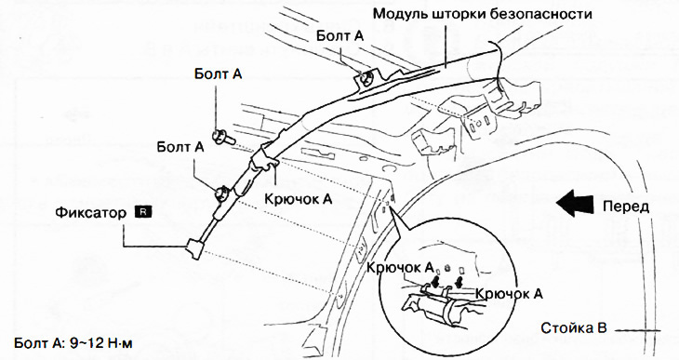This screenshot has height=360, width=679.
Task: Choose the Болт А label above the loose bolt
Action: pos(219,73)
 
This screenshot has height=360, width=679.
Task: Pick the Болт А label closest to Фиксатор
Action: pos(180,147)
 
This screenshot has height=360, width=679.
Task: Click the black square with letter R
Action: pos(141,212)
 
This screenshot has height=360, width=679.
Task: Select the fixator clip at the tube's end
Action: pos(196,247)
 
